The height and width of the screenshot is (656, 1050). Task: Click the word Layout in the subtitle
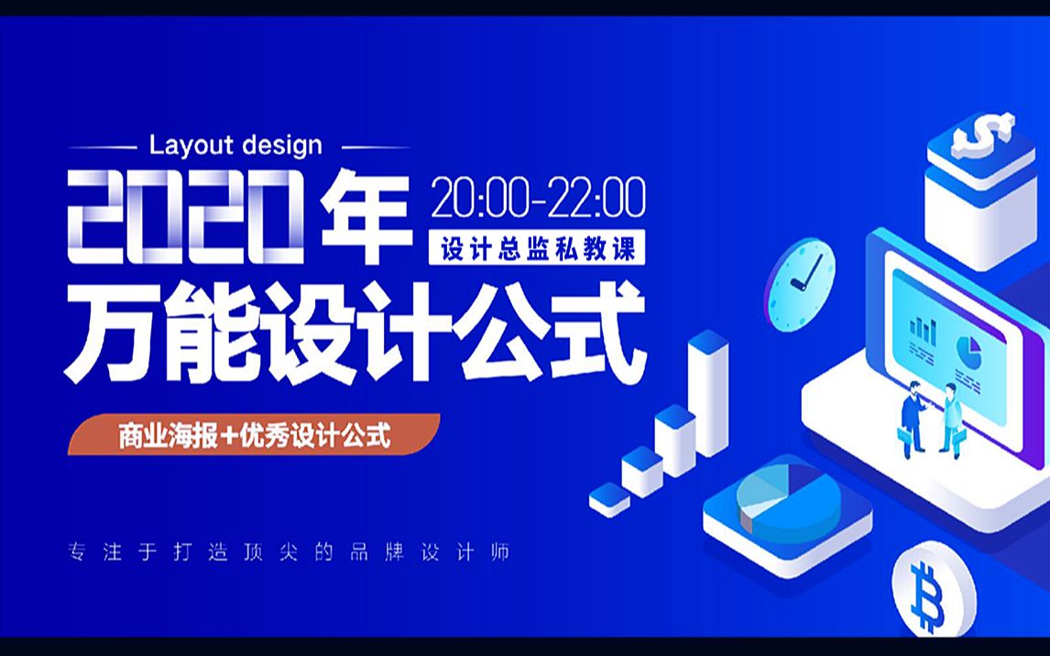click(x=191, y=146)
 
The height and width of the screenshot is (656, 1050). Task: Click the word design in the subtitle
click(x=282, y=146)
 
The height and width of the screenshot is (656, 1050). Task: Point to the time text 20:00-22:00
click(x=539, y=198)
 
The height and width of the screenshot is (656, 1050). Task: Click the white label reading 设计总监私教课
click(x=537, y=247)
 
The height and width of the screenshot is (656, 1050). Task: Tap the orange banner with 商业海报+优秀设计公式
click(x=254, y=435)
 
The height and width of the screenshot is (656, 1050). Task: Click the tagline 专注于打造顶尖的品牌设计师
click(x=290, y=552)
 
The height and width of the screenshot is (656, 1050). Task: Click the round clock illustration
click(x=800, y=285)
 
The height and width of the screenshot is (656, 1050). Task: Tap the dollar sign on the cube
click(x=983, y=134)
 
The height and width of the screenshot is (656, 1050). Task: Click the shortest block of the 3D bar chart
click(x=609, y=499)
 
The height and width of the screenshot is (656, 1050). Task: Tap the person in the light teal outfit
click(x=952, y=421)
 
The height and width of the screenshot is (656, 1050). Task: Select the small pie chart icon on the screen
click(x=968, y=352)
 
